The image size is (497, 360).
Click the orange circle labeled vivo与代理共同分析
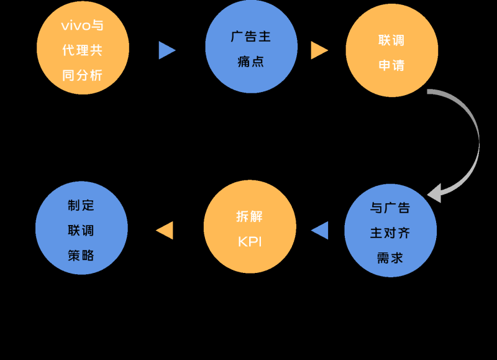coord(83,49)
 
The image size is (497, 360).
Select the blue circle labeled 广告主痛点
coord(251,48)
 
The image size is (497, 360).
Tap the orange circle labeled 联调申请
coord(391,51)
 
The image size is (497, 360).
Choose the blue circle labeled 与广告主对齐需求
coord(390,231)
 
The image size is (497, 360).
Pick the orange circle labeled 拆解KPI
coord(250,228)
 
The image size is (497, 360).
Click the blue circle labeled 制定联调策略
coord(81,229)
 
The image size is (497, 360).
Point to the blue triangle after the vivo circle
coord(166,50)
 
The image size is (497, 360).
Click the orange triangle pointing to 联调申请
coord(319,50)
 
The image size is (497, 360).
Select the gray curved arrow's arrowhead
coord(435,193)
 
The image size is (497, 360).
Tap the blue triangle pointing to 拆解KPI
coord(321,230)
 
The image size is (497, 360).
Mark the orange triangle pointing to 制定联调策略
coord(165,230)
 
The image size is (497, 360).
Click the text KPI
coord(250,242)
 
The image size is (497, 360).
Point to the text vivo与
coord(83,26)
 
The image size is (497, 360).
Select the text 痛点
coord(251,62)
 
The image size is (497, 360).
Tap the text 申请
coord(391,65)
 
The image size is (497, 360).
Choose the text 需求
coord(390,257)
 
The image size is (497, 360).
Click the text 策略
coord(81,255)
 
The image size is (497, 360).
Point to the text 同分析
coord(83,75)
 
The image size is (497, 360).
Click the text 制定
coord(81,205)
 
